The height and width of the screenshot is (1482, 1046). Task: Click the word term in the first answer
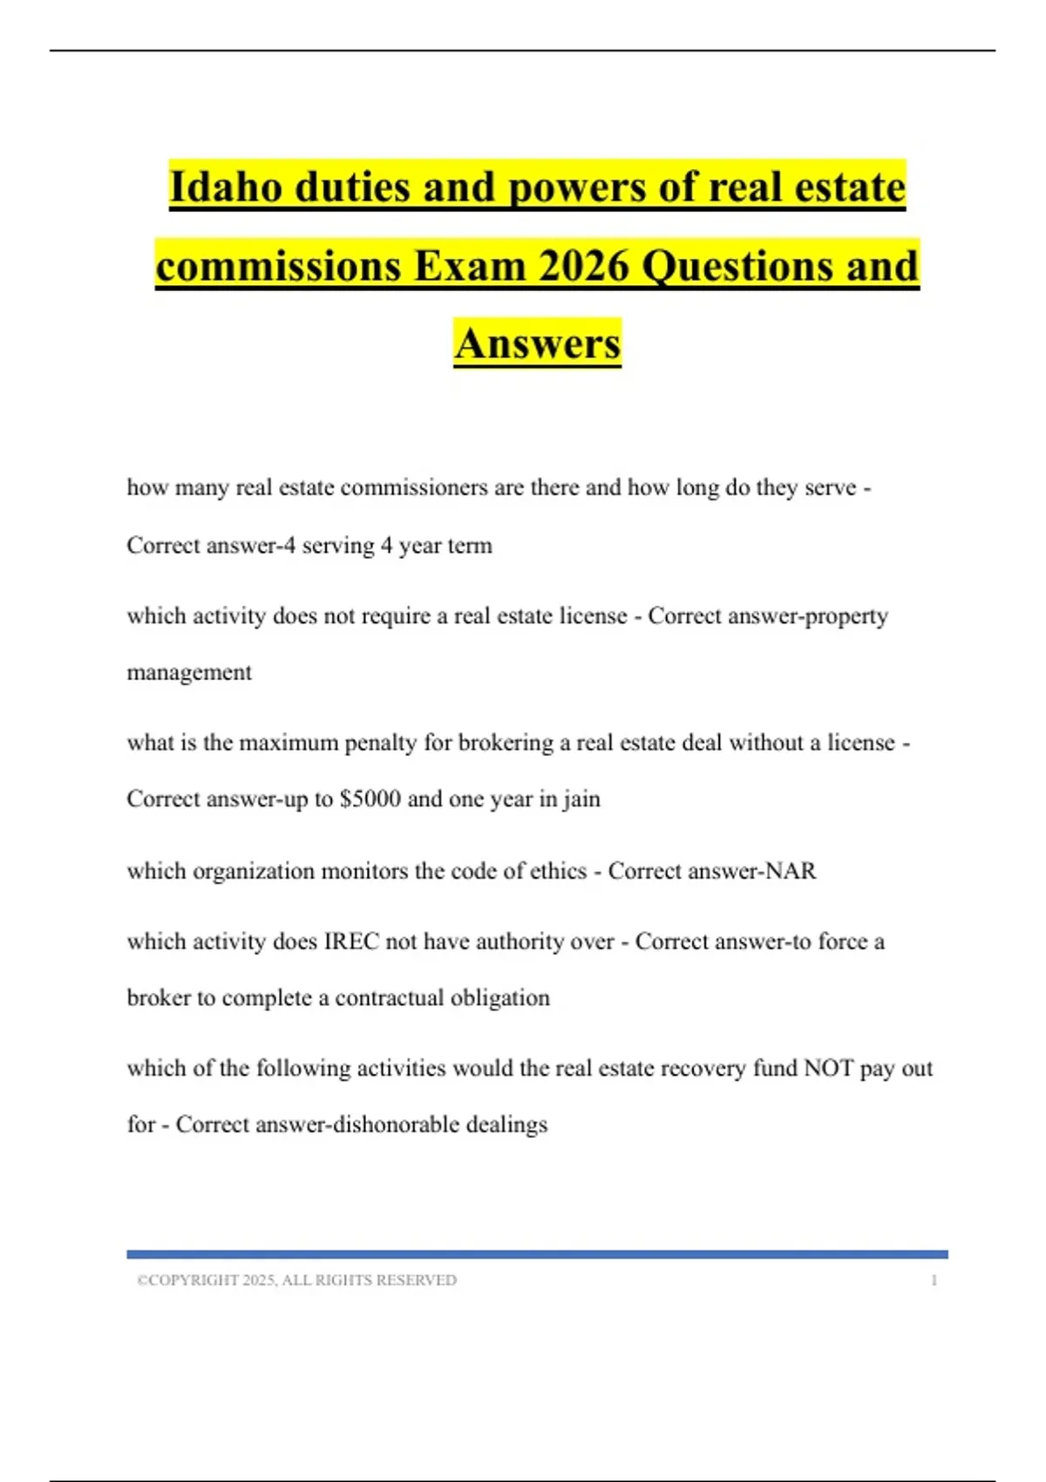[470, 546]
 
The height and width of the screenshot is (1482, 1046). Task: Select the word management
[189, 673]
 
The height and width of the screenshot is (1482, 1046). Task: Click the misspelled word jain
[581, 799]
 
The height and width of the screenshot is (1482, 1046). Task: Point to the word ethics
[558, 871]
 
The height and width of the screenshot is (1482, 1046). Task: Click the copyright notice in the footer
[296, 1280]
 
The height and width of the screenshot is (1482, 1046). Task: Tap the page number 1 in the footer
[934, 1280]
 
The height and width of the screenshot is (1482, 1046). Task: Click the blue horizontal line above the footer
[537, 1254]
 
